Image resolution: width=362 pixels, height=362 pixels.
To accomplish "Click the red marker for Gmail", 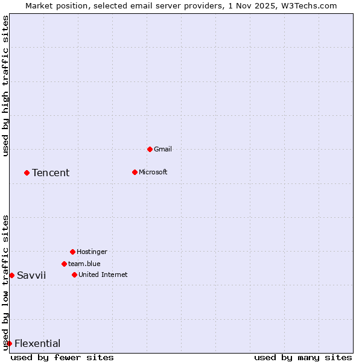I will [150, 149].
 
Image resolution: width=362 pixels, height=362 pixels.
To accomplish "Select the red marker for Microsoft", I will [135, 172].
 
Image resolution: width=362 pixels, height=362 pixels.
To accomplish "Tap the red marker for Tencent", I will [27, 173].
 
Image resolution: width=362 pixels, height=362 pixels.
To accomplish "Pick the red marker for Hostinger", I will [72, 252].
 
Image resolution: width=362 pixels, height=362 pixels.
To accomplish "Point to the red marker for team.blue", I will [64, 264].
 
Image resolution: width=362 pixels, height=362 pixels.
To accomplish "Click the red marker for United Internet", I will [74, 275].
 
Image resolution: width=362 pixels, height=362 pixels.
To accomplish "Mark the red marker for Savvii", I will [11, 275].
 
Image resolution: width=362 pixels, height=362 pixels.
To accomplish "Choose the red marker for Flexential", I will [9, 343].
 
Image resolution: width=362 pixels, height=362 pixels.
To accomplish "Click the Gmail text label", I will [163, 149].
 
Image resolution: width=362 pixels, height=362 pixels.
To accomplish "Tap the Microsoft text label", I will [153, 172].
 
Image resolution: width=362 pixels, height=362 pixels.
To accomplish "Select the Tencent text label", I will [51, 173].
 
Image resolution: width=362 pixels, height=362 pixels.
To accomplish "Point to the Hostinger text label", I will [92, 252].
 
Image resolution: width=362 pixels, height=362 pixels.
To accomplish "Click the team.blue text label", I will [84, 264].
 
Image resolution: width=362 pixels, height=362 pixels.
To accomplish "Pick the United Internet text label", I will [103, 275].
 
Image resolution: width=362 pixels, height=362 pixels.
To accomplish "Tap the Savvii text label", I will [31, 275].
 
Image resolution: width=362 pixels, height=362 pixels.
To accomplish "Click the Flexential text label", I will [37, 343].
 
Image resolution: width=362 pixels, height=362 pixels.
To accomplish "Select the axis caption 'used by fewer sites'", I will [62, 357].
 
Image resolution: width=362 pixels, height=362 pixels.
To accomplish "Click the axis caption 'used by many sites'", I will [303, 357].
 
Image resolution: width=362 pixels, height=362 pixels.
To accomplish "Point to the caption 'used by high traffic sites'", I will [5, 86].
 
